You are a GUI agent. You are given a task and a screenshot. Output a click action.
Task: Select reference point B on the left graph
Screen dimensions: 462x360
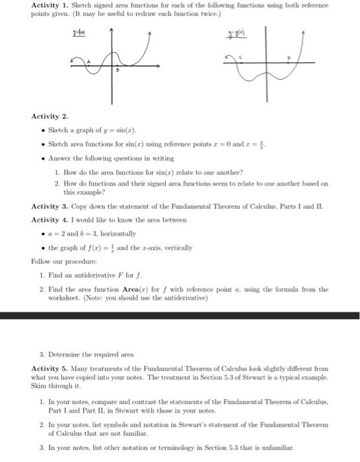[x=117, y=68]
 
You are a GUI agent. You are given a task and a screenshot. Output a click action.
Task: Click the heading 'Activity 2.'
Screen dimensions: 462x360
[x=50, y=116]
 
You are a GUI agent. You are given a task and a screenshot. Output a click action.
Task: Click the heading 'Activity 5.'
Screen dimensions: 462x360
[x=50, y=366]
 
